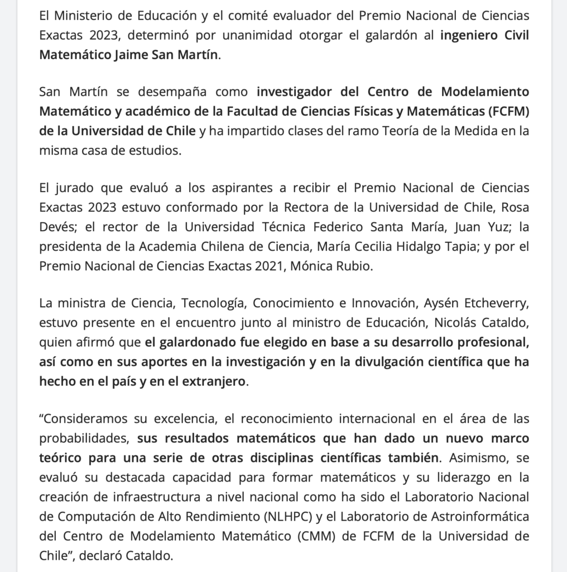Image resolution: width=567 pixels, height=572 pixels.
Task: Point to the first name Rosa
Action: pos(516,207)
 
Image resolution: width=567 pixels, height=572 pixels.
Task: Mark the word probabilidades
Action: pos(84,438)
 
